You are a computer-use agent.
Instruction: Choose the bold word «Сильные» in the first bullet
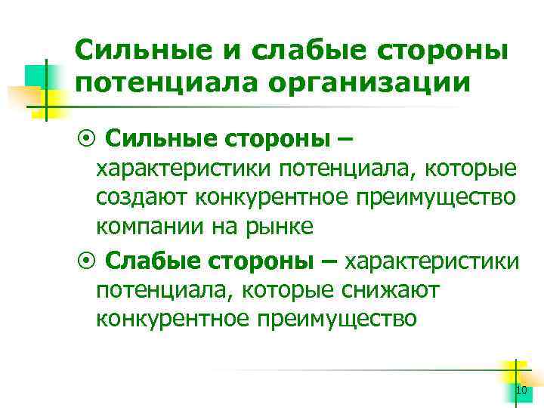pos(153,138)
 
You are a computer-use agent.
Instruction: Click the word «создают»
pos(143,197)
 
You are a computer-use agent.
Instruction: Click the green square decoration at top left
pos(36,76)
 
